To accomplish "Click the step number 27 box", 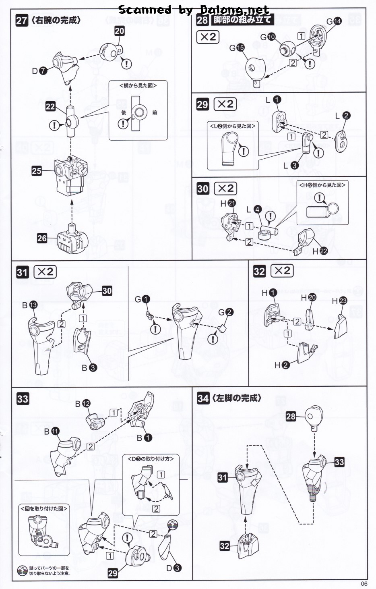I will (x=21, y=21).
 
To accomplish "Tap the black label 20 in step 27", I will (x=120, y=31).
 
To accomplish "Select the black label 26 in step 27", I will (x=42, y=238).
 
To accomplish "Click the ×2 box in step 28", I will (x=208, y=37).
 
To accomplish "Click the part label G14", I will (x=334, y=21).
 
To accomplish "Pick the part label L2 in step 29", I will (x=343, y=116).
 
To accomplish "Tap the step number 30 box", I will (x=202, y=189).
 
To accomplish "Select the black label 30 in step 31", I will (x=107, y=291).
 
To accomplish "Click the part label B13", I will (x=30, y=305).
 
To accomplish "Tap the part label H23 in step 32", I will (x=339, y=301).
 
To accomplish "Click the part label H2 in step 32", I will (x=281, y=365).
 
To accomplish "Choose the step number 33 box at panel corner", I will (x=23, y=399).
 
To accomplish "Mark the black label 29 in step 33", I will (x=113, y=573).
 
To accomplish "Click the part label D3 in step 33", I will (x=174, y=568).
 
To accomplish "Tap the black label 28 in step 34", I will (x=291, y=417).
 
